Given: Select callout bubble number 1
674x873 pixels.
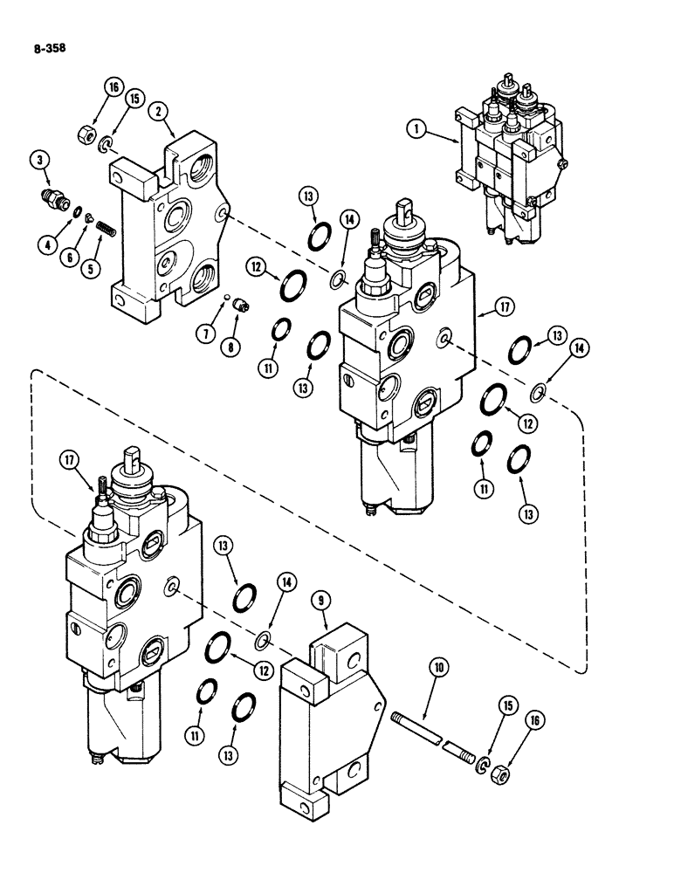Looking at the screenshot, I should click(418, 127).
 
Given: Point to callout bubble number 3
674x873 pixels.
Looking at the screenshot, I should click(38, 160).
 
